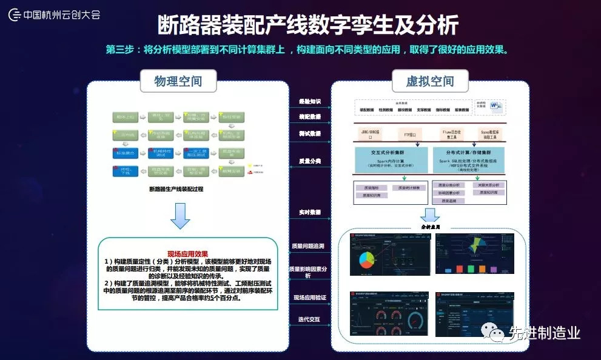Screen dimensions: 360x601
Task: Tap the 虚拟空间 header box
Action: pyautogui.click(x=430, y=81)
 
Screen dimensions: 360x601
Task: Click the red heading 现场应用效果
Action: pyautogui.click(x=187, y=253)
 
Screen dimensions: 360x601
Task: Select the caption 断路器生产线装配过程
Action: pyautogui.click(x=176, y=188)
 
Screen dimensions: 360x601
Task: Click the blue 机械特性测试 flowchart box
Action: pyautogui.click(x=161, y=152)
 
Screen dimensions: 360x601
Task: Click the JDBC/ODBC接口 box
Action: pyautogui.click(x=370, y=133)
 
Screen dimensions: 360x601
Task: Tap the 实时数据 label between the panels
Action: pyautogui.click(x=310, y=212)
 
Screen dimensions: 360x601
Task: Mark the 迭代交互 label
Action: pyautogui.click(x=310, y=319)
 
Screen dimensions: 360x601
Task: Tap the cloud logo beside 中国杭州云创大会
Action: pyautogui.click(x=14, y=14)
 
